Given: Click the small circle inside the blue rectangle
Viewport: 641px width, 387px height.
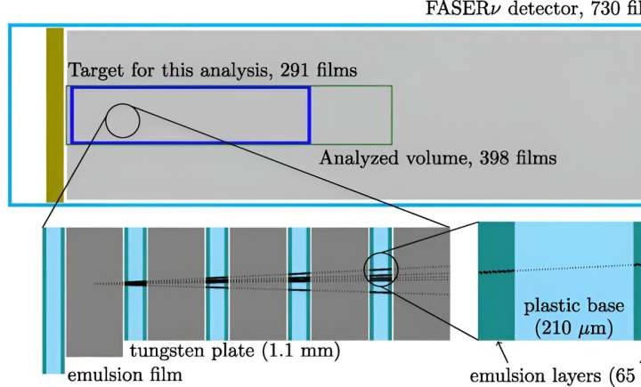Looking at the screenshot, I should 122,120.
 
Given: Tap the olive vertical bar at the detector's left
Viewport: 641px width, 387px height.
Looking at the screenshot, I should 55,113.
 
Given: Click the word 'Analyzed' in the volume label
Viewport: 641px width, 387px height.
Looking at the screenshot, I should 355,158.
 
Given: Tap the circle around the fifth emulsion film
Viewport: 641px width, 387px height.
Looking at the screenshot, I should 381,267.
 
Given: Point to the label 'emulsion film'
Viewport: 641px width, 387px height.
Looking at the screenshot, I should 126,375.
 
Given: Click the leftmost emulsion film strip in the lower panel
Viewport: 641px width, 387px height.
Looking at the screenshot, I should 53,298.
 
